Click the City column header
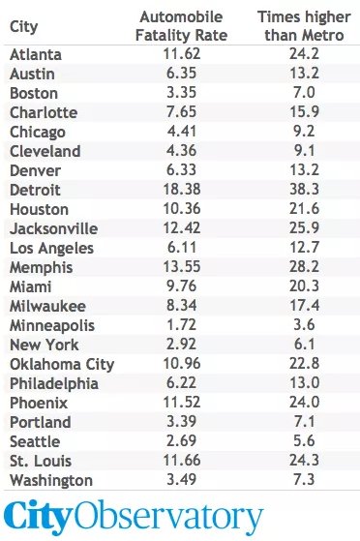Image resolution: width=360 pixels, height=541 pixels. tap(23, 26)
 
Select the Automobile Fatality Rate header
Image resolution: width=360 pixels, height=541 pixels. tap(181, 26)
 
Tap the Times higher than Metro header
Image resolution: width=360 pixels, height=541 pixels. tap(304, 26)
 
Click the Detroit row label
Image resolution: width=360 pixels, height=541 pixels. tap(35, 190)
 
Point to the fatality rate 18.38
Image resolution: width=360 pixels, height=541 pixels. tap(182, 190)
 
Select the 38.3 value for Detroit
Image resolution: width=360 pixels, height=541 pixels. tap(304, 190)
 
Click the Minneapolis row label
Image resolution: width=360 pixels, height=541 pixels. tap(52, 326)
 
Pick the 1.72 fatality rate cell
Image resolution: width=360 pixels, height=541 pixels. tap(182, 324)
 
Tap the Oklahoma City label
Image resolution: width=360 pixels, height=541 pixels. tap(62, 364)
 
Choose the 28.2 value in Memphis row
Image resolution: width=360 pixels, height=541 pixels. tap(304, 267)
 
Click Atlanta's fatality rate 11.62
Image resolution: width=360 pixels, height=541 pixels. tap(182, 54)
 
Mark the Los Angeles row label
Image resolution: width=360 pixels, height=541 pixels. tap(51, 249)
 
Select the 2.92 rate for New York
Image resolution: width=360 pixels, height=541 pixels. tap(182, 344)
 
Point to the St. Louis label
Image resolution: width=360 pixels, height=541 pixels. tap(41, 461)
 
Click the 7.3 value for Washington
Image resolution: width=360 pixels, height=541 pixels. tap(304, 480)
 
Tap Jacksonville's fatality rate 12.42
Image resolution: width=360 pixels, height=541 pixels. tap(182, 228)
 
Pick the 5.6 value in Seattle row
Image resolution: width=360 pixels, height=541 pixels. tap(304, 440)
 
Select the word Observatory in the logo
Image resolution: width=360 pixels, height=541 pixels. tap(168, 516)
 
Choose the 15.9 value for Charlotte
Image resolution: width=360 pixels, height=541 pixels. tap(304, 112)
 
